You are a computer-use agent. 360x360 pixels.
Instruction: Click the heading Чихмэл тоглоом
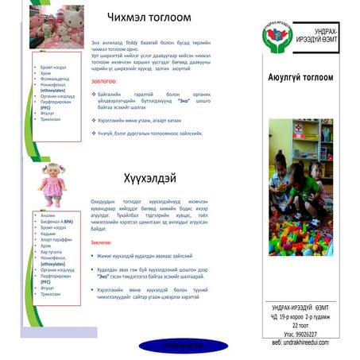click(149, 17)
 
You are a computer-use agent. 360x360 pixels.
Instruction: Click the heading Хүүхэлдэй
click(149, 177)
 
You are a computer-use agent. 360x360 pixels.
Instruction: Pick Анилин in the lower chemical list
click(48, 215)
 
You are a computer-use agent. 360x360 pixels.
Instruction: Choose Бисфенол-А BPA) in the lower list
click(56, 222)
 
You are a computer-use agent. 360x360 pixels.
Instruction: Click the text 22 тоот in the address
click(300, 325)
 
